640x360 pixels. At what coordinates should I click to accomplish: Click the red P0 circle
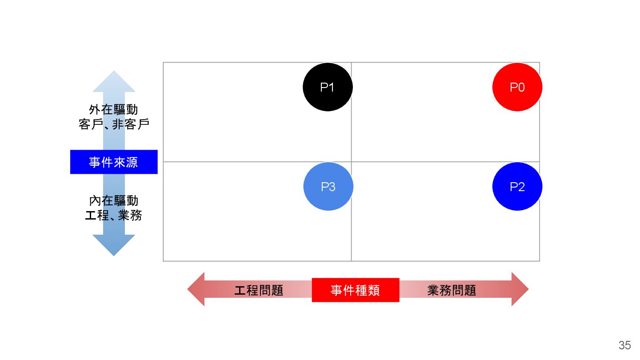click(517, 87)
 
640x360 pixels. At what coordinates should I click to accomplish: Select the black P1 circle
click(328, 87)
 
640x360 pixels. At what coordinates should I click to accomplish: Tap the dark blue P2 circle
click(517, 186)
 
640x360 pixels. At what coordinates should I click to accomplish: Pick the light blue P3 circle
click(328, 186)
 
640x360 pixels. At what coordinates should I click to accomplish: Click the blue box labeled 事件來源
click(114, 162)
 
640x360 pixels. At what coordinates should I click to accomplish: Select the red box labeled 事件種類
click(355, 290)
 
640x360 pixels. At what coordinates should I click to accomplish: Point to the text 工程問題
click(259, 290)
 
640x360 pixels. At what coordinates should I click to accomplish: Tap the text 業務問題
click(452, 290)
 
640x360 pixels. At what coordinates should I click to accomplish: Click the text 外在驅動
click(113, 109)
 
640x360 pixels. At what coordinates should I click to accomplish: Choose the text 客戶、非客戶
click(113, 124)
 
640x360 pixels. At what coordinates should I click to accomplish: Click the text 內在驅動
click(113, 200)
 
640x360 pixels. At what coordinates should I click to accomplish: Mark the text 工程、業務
click(113, 216)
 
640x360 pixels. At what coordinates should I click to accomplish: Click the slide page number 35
click(624, 345)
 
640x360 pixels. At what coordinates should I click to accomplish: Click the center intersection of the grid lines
click(351, 162)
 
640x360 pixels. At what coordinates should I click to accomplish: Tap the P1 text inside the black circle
click(327, 87)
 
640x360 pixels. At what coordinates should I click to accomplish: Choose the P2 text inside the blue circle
click(517, 187)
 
